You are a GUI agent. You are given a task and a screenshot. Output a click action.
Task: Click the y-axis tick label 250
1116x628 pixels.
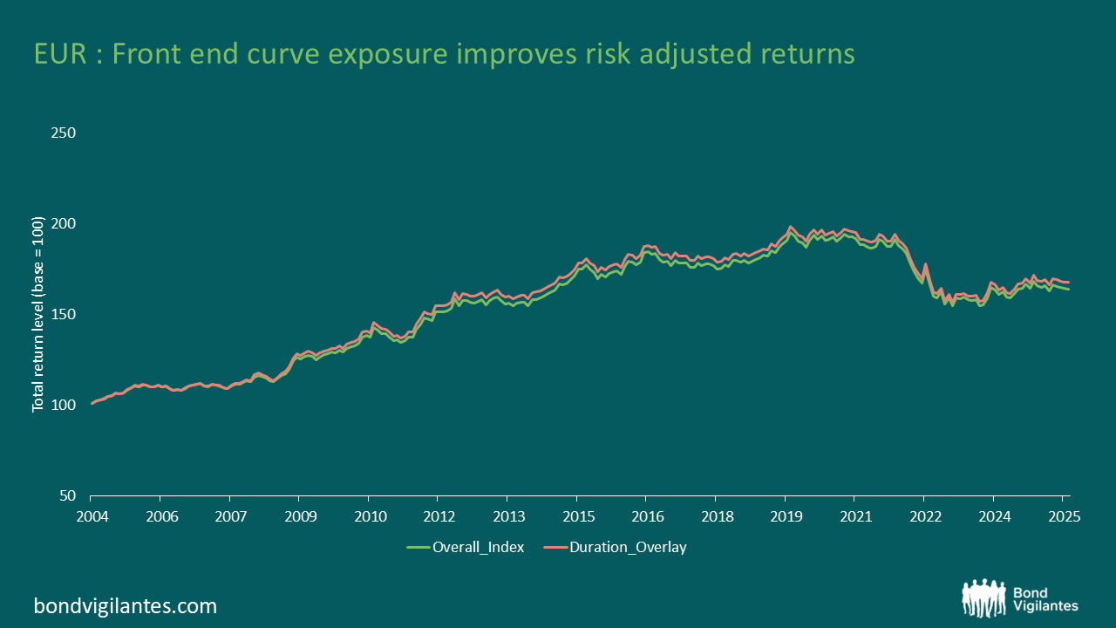64,133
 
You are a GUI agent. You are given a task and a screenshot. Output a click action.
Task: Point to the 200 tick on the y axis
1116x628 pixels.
64,224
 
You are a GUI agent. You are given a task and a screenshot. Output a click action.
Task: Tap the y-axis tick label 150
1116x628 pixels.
64,315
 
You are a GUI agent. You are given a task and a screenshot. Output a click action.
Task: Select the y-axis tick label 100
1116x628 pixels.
64,406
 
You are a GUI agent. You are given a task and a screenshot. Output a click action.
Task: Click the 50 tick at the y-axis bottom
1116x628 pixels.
67,496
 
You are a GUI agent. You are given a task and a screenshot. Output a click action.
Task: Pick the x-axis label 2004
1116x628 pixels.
92,515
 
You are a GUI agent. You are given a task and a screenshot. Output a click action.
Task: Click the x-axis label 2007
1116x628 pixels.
230,515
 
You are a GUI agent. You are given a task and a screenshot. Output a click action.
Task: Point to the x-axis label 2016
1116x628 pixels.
646,515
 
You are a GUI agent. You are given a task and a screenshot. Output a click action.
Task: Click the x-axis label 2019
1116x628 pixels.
785,515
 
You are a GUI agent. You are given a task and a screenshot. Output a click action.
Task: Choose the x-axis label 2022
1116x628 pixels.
924,515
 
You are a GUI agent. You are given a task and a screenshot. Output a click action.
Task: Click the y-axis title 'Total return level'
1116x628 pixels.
38,326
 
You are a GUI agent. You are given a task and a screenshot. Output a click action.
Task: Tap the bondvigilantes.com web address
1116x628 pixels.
126,605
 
